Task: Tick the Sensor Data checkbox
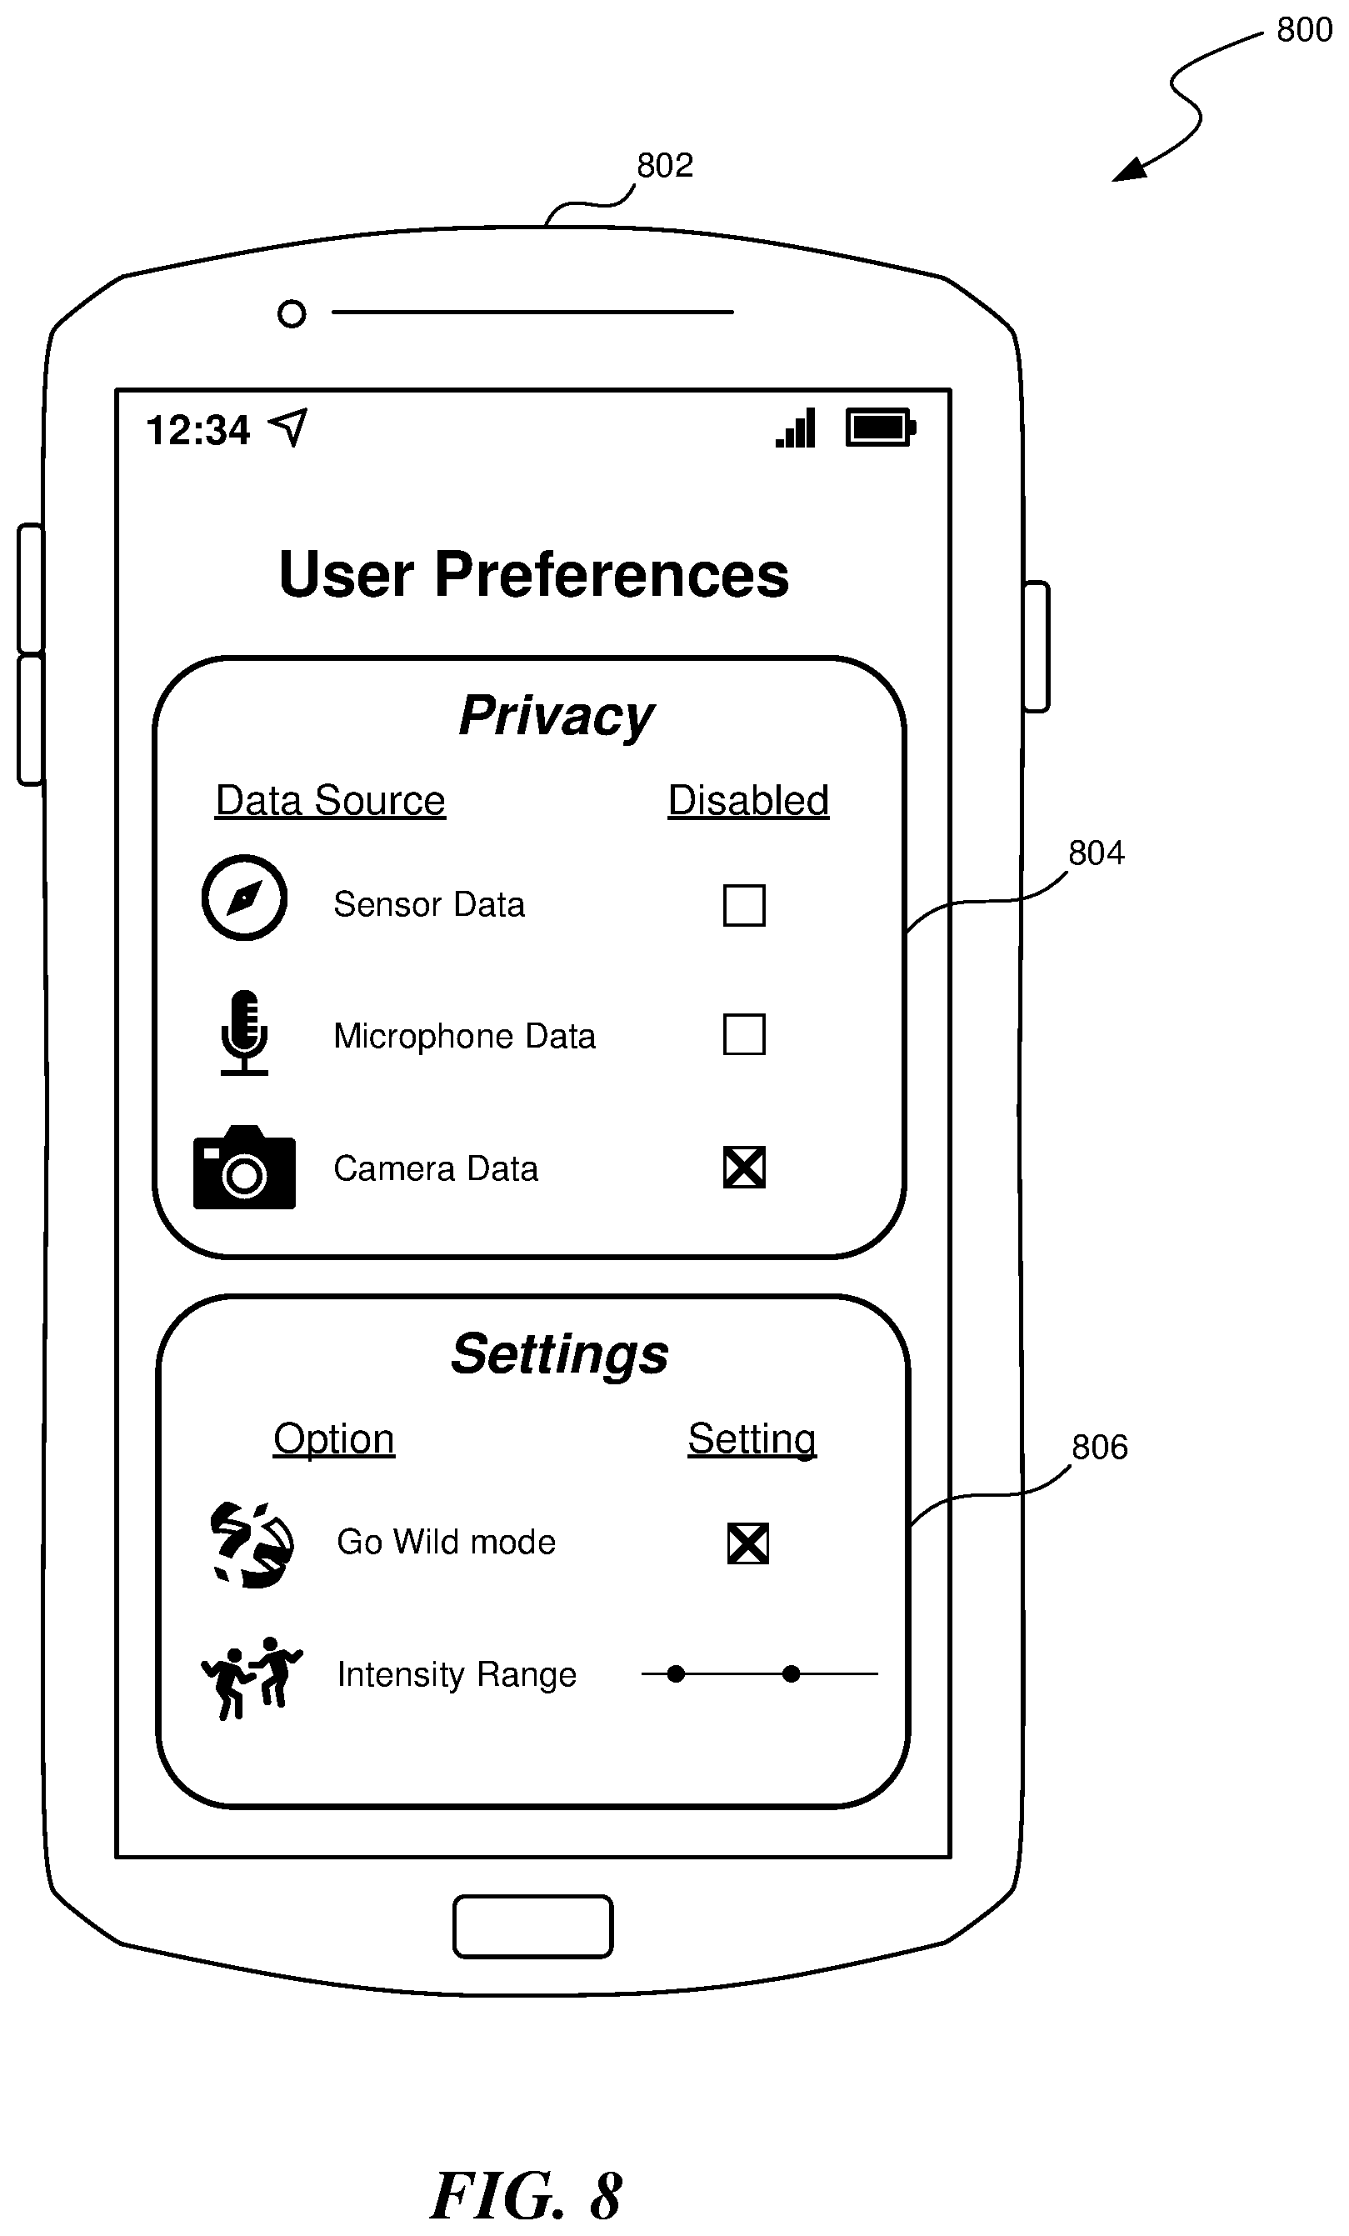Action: (744, 905)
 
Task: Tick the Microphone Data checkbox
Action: (744, 1034)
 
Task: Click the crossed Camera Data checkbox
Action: (744, 1167)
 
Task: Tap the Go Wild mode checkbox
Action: (748, 1543)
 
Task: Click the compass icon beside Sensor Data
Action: (244, 898)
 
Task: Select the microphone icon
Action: (244, 1033)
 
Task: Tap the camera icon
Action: (244, 1167)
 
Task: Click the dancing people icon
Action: (252, 1677)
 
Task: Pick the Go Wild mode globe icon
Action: (252, 1544)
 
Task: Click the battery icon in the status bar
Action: (880, 428)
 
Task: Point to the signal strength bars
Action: (796, 428)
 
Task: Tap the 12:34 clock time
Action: (197, 430)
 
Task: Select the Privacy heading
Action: (556, 717)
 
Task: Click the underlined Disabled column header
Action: (748, 800)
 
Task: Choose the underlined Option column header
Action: (334, 1439)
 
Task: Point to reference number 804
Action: (1096, 853)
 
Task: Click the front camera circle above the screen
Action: (291, 314)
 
